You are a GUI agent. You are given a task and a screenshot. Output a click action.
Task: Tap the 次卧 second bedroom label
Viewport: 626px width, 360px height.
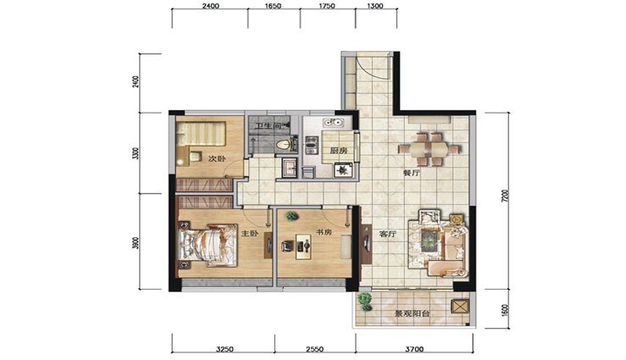pos(216,159)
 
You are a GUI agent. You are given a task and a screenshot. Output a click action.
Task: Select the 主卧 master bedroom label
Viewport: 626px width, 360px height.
pos(251,233)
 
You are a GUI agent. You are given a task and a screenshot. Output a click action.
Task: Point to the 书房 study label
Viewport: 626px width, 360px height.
pos(324,232)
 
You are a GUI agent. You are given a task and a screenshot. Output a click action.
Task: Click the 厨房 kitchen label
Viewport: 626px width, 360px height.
pos(338,151)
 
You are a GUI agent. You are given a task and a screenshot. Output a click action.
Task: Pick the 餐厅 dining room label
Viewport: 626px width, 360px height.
pos(411,174)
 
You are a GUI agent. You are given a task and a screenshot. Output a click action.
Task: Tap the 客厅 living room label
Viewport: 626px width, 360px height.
pos(387,234)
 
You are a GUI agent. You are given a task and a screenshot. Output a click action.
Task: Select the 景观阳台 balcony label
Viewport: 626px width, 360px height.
pos(413,313)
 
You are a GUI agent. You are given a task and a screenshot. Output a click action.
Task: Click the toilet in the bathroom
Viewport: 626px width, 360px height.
pos(284,145)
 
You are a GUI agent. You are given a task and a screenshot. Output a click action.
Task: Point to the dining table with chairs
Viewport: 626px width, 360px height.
pos(429,150)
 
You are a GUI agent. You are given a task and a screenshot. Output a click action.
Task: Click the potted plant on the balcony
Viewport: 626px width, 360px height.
pos(364,302)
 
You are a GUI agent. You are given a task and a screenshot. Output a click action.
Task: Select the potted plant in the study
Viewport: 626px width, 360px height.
pos(291,216)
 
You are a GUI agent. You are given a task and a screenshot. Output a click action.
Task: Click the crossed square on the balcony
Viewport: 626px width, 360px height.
pos(459,307)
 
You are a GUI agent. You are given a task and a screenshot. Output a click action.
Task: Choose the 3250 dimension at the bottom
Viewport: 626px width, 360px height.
pos(224,350)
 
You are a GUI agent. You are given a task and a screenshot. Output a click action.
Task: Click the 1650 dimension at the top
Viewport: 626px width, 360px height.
pos(273,6)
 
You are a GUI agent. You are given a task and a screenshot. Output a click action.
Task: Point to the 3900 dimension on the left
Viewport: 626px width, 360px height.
pos(136,243)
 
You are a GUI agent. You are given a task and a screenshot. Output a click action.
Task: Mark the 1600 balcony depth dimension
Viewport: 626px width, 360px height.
pos(505,310)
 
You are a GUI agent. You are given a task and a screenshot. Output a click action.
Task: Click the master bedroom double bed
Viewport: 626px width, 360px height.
pos(208,244)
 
